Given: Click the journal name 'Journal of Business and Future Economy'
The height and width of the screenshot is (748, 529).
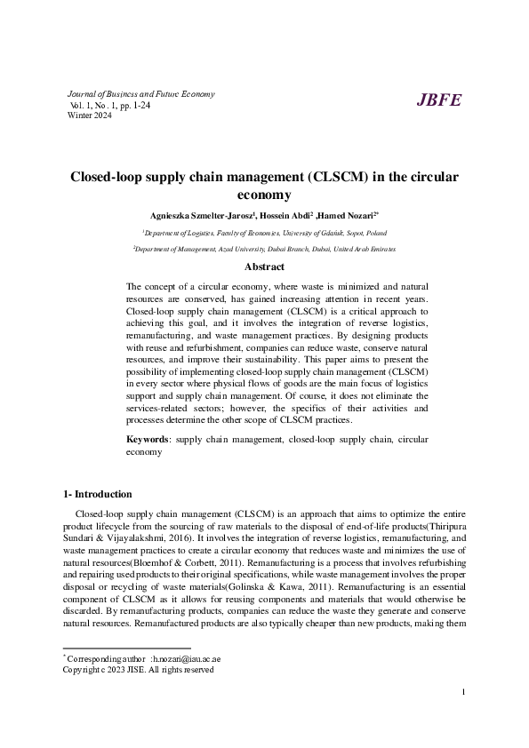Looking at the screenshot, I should tap(140, 94).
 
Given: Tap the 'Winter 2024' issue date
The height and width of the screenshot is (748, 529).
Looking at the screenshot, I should tap(89, 116).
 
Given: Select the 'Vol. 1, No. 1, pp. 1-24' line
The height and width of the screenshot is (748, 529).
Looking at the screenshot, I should tap(111, 106).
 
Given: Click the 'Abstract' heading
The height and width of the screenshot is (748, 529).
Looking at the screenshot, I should tap(264, 267).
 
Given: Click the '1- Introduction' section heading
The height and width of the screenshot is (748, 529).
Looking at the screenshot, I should tap(98, 494).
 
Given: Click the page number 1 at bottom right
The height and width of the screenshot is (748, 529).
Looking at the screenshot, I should tap(464, 716).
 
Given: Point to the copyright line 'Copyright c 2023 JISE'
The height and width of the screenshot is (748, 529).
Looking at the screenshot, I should tap(138, 695).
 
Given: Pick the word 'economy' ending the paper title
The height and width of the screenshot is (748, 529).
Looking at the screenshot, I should tap(264, 195).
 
